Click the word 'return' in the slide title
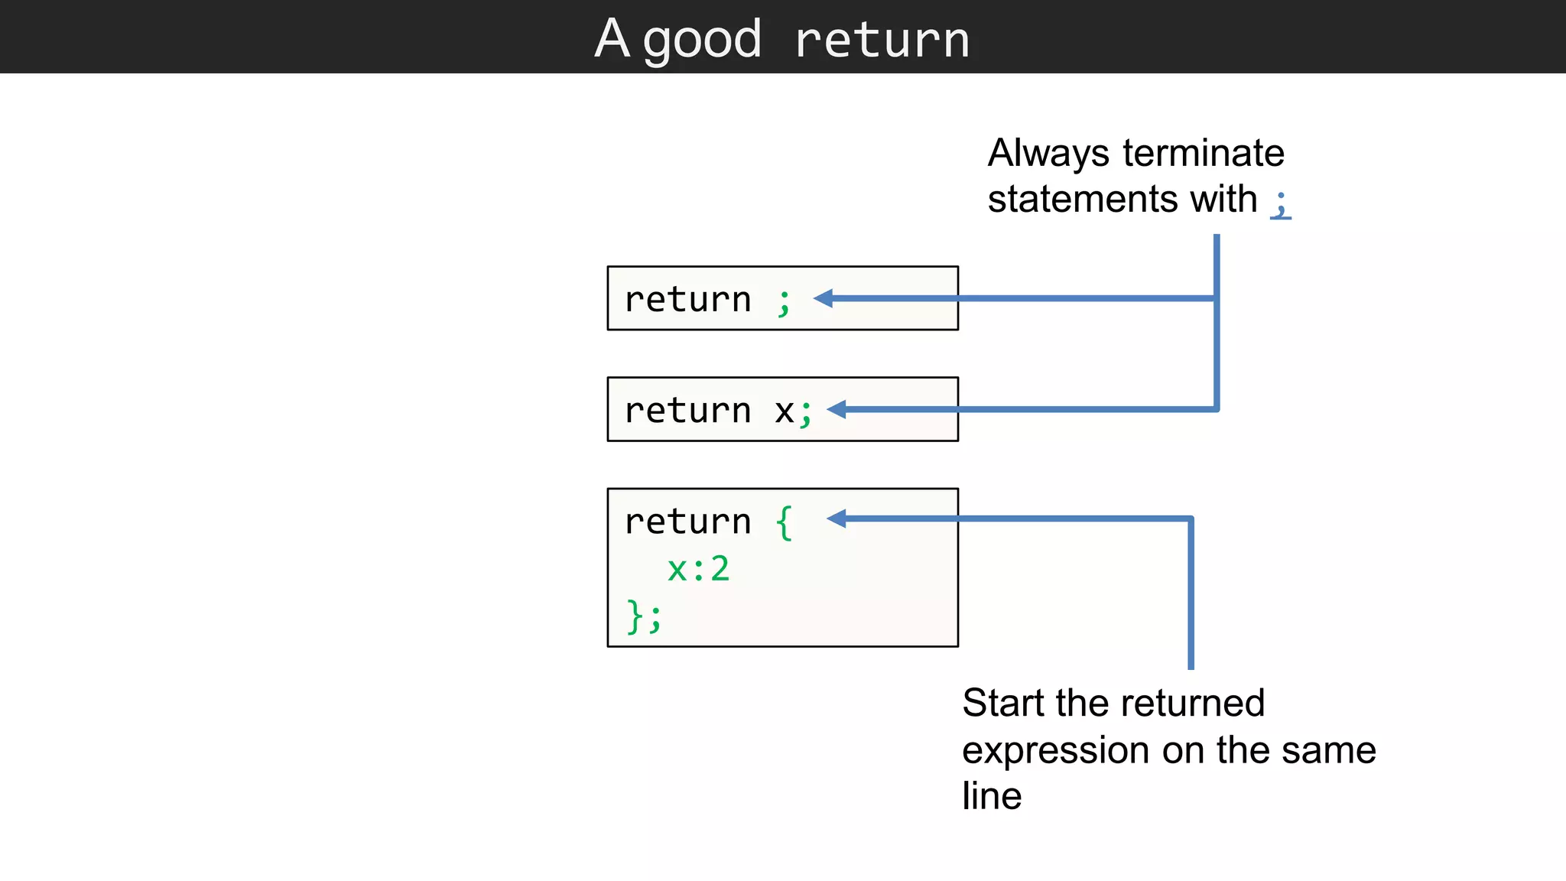[882, 41]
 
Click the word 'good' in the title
[702, 41]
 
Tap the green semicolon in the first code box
[784, 301]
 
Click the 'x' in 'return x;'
[784, 412]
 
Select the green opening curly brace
[784, 523]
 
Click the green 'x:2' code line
[698, 569]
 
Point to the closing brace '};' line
[644, 616]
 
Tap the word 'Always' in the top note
[1048, 153]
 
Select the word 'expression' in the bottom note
[1057, 751]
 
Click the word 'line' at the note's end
[992, 796]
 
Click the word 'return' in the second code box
[687, 411]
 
